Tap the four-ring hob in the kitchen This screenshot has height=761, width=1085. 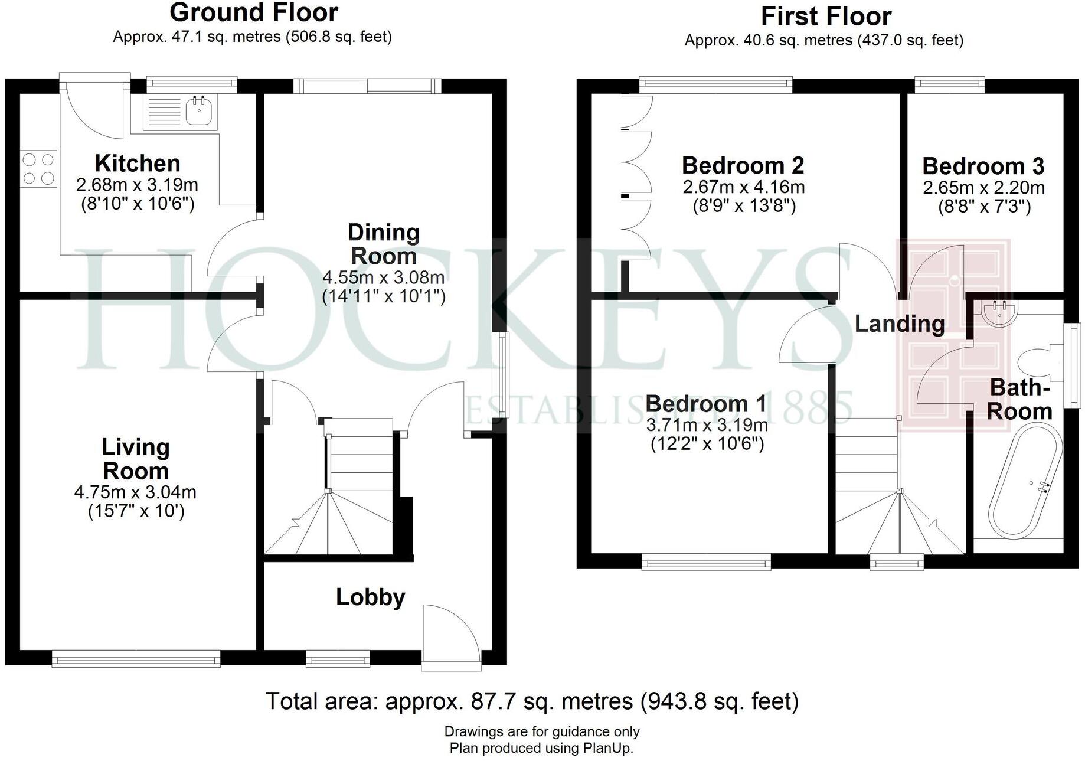tap(38, 169)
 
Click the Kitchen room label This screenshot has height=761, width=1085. tap(138, 163)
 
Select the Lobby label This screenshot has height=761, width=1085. tap(370, 597)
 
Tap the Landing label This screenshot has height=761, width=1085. tap(899, 324)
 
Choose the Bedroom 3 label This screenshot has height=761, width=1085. tap(983, 166)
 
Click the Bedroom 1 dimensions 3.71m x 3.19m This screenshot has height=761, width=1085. tap(707, 424)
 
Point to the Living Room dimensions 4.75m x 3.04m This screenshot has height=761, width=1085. tap(135, 492)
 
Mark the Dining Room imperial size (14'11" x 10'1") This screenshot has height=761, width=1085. tap(384, 296)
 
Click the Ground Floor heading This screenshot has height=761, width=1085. tap(254, 12)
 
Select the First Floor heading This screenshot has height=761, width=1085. tap(825, 16)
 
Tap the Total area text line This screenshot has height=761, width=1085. tap(531, 701)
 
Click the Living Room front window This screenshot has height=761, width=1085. tap(136, 658)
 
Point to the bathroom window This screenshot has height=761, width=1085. tap(1076, 364)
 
